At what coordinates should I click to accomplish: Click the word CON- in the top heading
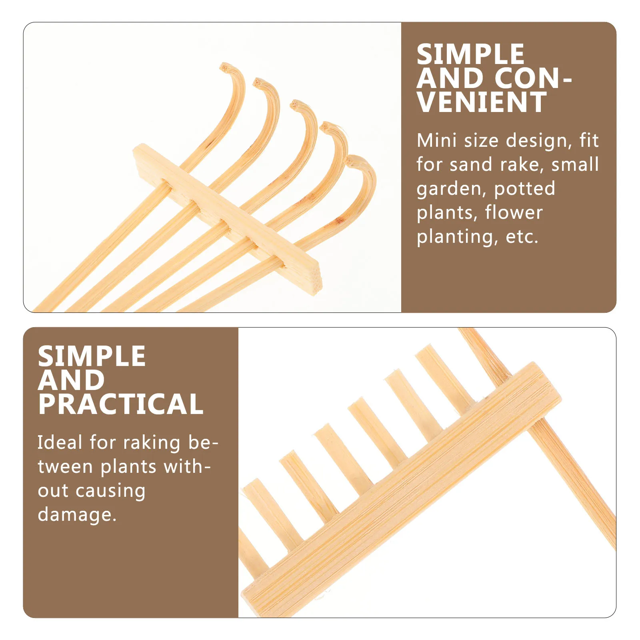pos(534,78)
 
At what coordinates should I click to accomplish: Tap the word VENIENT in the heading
pos(482,102)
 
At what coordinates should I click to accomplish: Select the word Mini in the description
pos(436,141)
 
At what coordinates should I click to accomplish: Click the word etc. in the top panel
pos(522,237)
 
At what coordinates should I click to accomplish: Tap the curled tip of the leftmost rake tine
pos(226,67)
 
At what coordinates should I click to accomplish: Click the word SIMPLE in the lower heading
pos(92,356)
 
